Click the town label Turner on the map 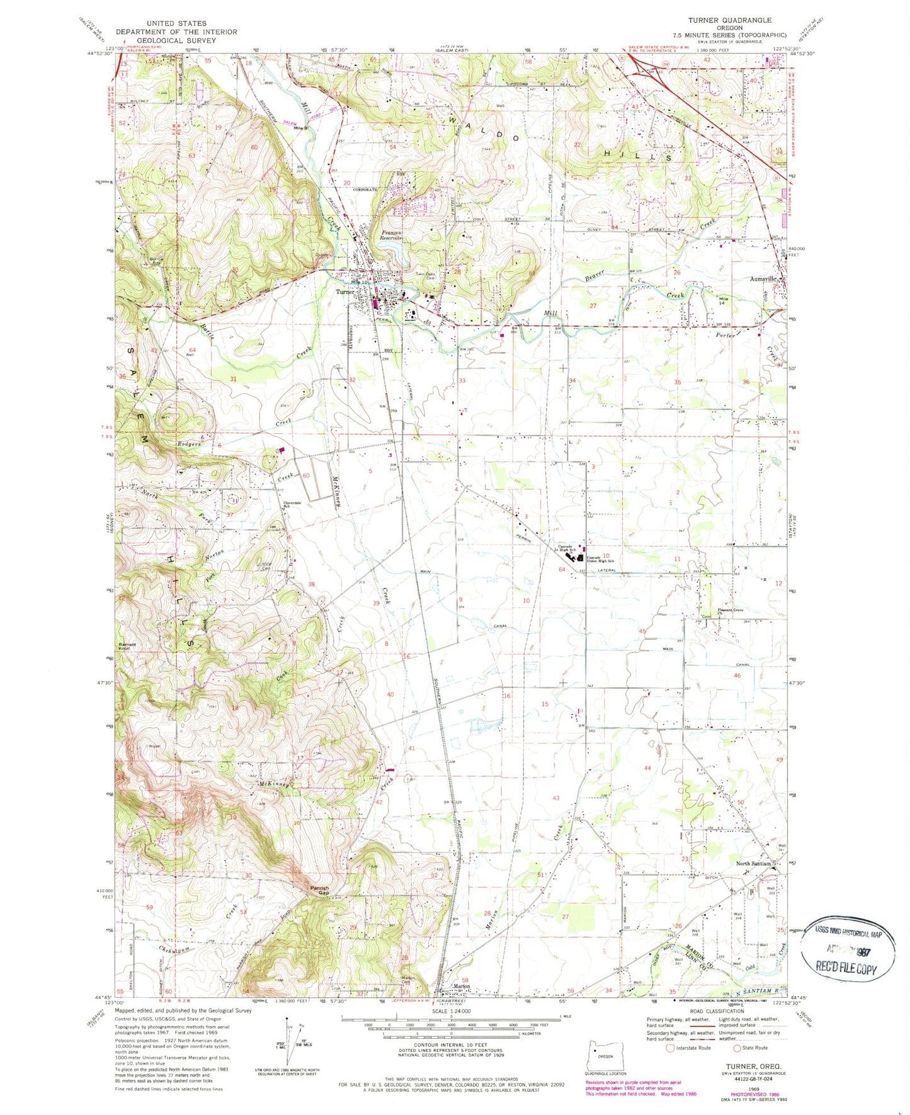click(344, 291)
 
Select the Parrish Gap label click(319, 890)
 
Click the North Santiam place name click(753, 863)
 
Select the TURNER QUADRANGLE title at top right click(729, 20)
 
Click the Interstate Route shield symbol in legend click(670, 1048)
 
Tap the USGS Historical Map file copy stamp click(848, 951)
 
